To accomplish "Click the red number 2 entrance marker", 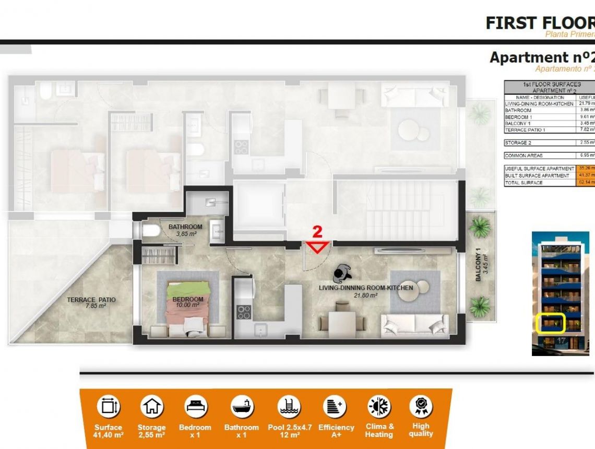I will coord(317,232).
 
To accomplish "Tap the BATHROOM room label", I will coord(185,227).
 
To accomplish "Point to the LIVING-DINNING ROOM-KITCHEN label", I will coord(366,288).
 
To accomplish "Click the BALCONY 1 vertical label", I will coord(479,268).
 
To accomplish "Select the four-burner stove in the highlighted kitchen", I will coord(243,312).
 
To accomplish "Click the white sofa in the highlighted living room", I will coord(414,325).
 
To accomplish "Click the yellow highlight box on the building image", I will coord(551,323).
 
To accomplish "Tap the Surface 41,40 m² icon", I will coord(109,407).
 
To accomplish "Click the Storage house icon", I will coord(151,407).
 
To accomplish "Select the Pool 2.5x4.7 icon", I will coord(289,407).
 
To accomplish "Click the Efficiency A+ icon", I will coord(336,407).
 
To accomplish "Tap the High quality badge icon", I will coord(420,406).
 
